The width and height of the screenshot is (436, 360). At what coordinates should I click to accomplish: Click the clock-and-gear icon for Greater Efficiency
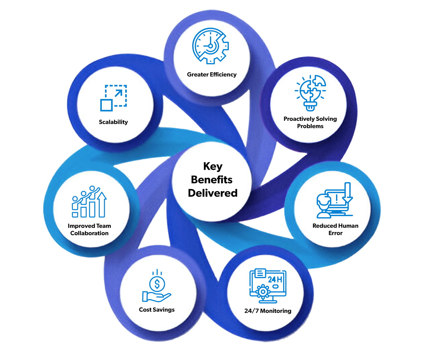click(x=210, y=46)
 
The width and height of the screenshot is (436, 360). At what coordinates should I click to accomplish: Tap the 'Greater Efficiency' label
click(x=212, y=75)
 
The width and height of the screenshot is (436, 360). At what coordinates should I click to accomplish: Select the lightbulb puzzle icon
click(x=310, y=93)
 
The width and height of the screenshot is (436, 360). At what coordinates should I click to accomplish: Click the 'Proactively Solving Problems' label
click(x=310, y=122)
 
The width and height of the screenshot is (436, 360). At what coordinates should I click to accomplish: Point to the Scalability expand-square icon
click(x=114, y=98)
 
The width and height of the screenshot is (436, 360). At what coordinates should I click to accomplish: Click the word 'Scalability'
click(x=113, y=122)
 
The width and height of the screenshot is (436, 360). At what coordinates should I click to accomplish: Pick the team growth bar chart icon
click(x=89, y=202)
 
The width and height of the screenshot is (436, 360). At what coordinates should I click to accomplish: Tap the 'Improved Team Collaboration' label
click(x=89, y=229)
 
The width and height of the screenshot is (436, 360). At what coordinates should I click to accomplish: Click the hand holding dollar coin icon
click(x=157, y=286)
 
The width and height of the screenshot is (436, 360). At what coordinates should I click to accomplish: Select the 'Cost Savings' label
click(x=157, y=310)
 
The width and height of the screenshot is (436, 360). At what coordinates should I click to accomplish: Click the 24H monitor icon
click(x=268, y=286)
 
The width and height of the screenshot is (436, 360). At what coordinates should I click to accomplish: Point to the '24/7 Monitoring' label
click(x=268, y=311)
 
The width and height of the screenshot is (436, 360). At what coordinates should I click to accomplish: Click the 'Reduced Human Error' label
click(x=335, y=229)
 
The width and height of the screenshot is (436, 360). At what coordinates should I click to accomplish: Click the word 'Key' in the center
click(x=213, y=166)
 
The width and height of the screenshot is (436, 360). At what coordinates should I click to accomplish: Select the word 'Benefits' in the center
click(x=212, y=180)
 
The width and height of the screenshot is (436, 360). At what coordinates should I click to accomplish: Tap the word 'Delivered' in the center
click(x=212, y=193)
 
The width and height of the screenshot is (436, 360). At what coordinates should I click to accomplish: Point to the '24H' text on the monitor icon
click(x=275, y=279)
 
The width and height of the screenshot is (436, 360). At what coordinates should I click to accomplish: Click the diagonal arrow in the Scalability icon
click(x=119, y=93)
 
